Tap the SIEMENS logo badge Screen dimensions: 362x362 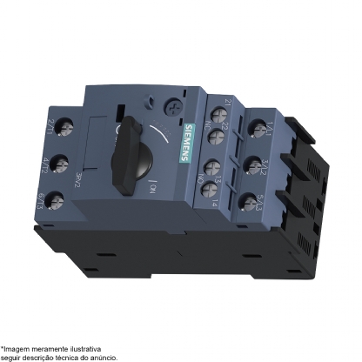191,139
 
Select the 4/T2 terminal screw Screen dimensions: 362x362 60,164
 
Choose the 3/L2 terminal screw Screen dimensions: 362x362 258,164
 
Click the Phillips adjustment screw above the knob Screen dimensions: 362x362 179,112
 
